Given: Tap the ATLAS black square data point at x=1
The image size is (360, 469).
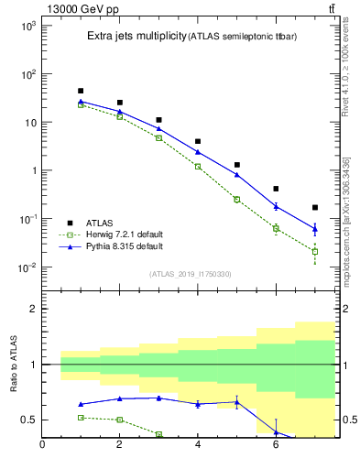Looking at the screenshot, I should coord(82,91).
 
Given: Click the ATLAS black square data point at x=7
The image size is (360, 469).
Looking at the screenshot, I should coord(315,208).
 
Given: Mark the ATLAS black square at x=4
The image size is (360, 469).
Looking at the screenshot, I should coord(198,142).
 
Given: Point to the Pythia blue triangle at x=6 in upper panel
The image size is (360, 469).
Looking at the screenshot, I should coord(276,206).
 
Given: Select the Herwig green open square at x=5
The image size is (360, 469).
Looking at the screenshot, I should coord(237,200).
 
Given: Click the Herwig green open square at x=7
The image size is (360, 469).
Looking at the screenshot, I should coord(315,251).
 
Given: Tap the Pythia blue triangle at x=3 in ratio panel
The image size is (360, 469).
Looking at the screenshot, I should coord(159,398).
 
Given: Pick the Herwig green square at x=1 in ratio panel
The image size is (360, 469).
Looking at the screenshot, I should coord(82,417).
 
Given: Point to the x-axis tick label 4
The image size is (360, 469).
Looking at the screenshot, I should coord(198,445).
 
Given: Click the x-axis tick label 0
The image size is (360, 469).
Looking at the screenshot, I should coord(42,445).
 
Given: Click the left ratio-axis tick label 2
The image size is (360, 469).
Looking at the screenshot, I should coord(32,309).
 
